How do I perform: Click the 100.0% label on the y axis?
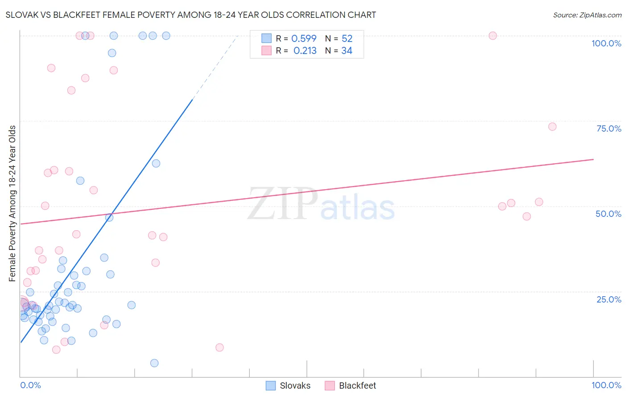tap(606, 43)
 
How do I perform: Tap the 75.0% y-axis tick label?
tap(609, 129)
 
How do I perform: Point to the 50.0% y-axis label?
tap(608, 214)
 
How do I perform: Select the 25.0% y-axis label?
tap(609, 299)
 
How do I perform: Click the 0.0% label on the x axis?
tap(30, 385)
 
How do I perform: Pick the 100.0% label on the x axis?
tap(606, 385)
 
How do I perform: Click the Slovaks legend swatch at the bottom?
tap(271, 386)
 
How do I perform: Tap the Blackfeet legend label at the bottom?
tap(357, 386)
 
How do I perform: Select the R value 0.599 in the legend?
tap(304, 39)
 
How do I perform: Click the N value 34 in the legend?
tap(346, 51)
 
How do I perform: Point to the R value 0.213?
tap(305, 51)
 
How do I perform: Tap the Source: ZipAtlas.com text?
tap(587, 15)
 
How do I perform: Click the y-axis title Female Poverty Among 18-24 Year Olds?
tap(12, 203)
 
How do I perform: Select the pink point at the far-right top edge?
tap(493, 36)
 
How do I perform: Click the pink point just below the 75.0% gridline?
tap(552, 127)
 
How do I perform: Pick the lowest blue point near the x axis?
tap(154, 363)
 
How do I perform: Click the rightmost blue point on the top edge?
tap(166, 36)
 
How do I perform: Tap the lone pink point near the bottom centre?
tap(219, 348)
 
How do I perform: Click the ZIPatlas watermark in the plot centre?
tap(321, 204)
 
